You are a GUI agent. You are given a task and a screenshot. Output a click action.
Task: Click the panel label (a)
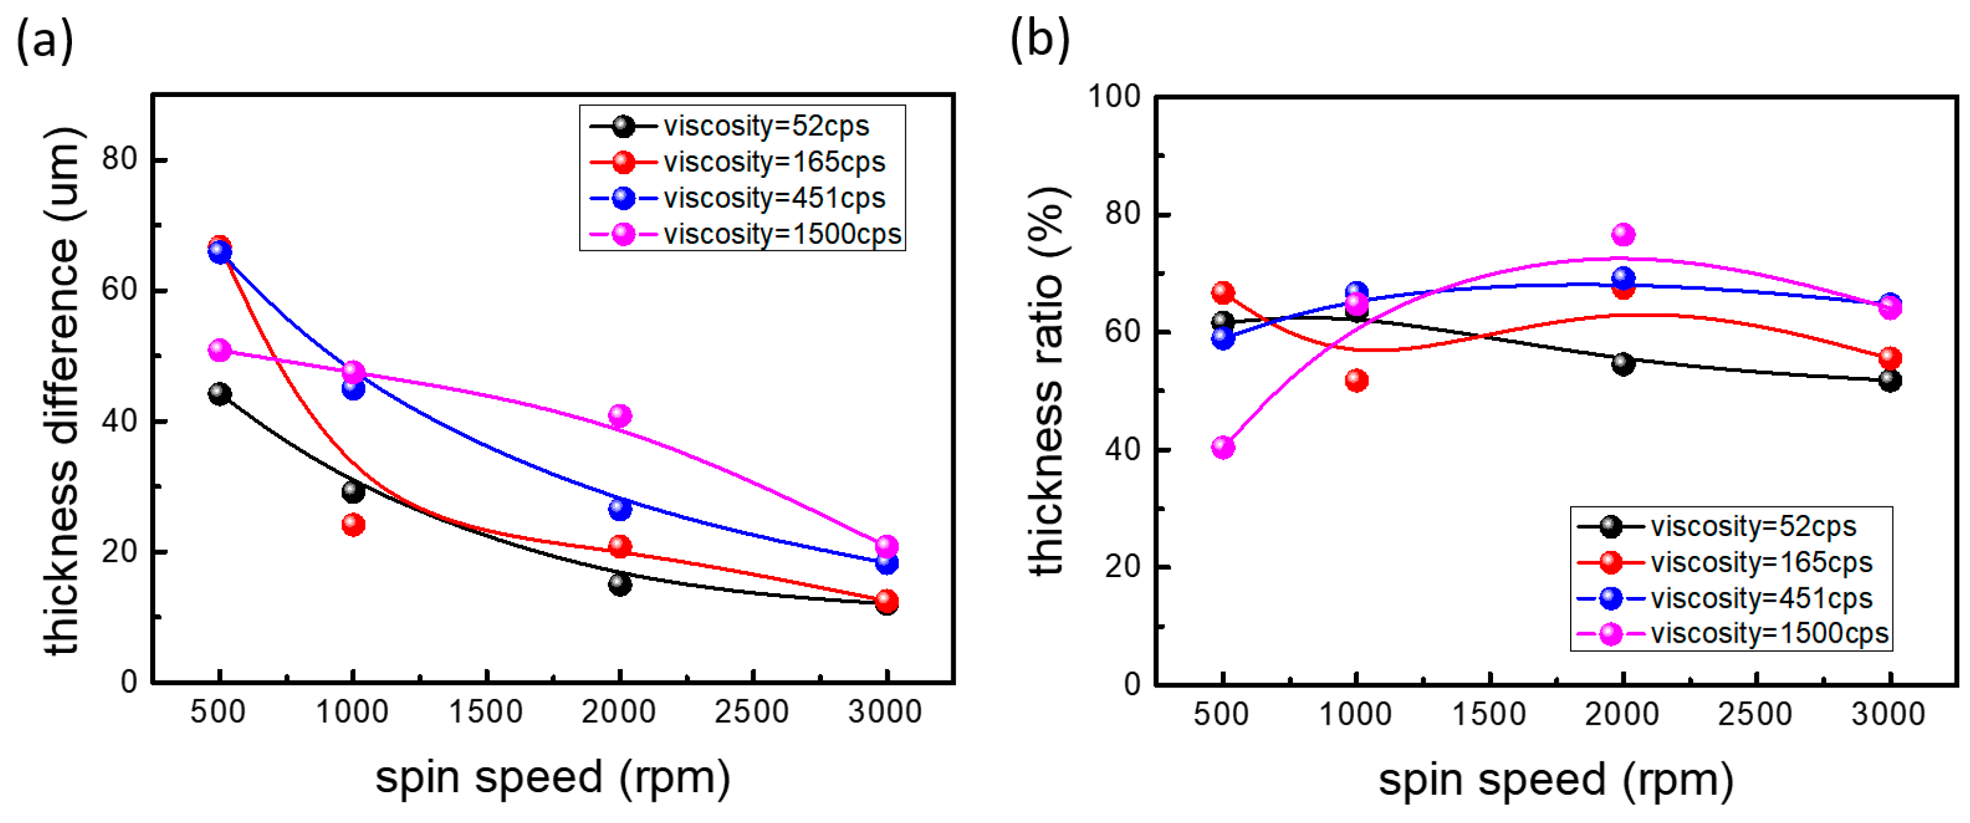(x=44, y=40)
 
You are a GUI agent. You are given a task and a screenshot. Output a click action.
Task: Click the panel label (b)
(x=1039, y=40)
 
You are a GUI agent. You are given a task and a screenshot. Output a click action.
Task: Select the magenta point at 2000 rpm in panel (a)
(x=619, y=415)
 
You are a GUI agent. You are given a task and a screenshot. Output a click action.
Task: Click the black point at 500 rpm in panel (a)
(x=220, y=394)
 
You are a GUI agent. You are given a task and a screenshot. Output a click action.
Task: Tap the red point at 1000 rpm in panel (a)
(x=352, y=524)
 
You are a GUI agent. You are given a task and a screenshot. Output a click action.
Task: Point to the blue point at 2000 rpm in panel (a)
(x=619, y=508)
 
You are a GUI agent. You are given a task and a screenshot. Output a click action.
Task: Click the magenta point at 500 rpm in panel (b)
(x=1223, y=447)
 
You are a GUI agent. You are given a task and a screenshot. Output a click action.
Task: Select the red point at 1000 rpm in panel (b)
(x=1356, y=379)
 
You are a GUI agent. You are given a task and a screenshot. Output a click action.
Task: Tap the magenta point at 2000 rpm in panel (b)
(x=1623, y=234)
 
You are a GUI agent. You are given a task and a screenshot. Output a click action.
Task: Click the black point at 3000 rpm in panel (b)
(x=1890, y=380)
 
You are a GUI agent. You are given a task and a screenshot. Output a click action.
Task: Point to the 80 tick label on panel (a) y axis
(x=119, y=159)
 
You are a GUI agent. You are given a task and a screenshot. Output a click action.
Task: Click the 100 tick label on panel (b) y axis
(x=1114, y=97)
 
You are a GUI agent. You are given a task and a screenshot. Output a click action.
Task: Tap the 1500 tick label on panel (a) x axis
(x=486, y=712)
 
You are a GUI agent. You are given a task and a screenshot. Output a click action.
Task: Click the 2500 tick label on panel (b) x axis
(x=1755, y=715)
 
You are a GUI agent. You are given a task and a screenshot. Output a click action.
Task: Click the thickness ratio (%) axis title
(x=1047, y=380)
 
